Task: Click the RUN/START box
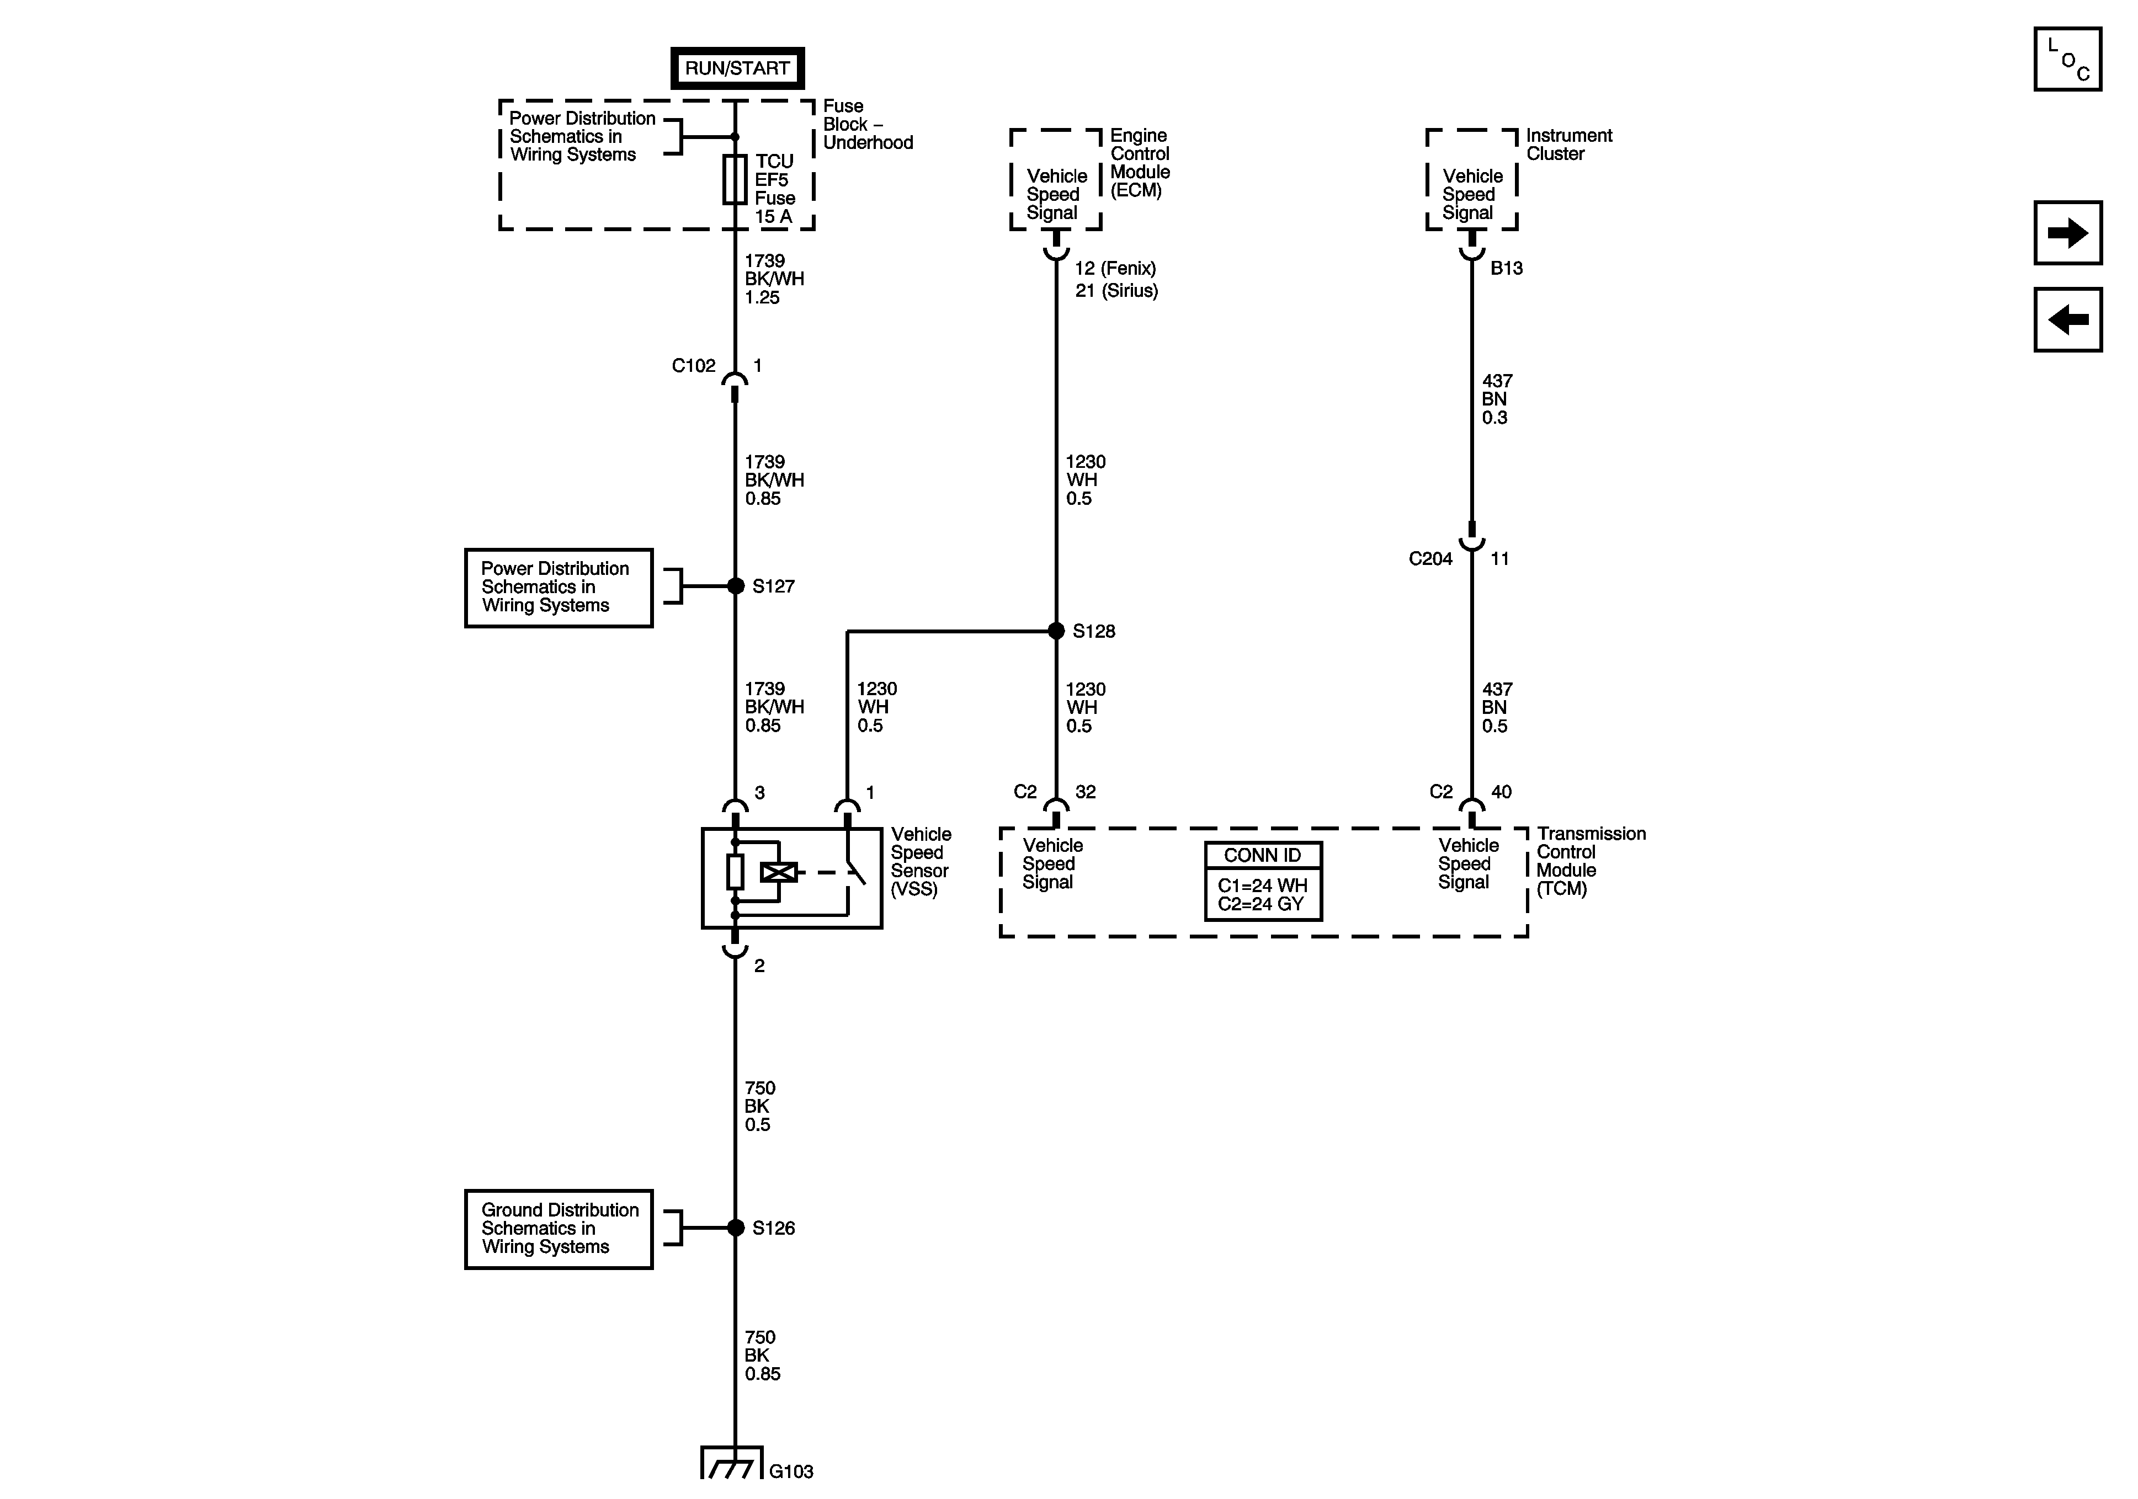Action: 737,68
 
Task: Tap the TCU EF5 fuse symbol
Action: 735,180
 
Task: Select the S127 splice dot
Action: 736,585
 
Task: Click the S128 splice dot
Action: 1056,631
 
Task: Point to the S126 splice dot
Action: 736,1228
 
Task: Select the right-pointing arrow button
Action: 2067,233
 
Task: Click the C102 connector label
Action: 694,366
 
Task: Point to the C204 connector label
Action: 1430,559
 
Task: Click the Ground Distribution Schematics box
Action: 559,1229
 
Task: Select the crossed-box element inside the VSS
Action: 779,872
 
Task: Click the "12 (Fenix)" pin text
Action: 1115,268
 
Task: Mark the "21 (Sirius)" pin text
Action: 1116,291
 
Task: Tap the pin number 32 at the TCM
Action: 1086,792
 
